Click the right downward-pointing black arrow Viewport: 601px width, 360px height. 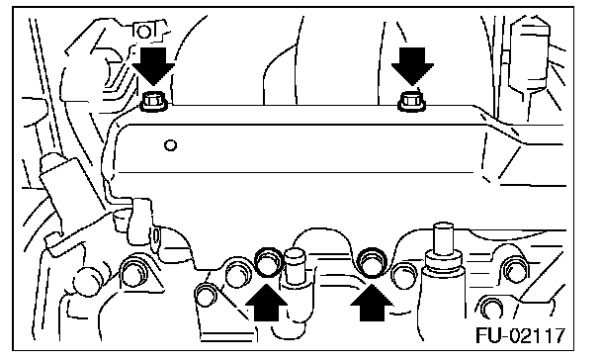click(x=412, y=66)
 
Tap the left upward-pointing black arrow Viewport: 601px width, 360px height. click(x=266, y=302)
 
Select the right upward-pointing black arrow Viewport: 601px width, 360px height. click(x=372, y=302)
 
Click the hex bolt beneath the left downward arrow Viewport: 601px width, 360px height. click(x=153, y=102)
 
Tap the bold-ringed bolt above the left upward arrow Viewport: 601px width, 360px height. click(x=267, y=263)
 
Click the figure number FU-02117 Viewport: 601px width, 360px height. click(x=520, y=335)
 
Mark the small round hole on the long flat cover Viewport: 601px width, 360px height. click(x=170, y=145)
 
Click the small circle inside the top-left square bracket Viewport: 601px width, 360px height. click(x=144, y=32)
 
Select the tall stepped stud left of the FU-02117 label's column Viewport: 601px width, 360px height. click(x=443, y=249)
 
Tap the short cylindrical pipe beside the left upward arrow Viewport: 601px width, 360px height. click(x=295, y=266)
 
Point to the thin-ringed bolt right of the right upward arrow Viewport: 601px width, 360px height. click(x=404, y=275)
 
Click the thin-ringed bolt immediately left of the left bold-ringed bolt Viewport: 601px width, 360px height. click(x=238, y=272)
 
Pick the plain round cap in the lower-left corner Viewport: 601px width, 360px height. click(x=87, y=282)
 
